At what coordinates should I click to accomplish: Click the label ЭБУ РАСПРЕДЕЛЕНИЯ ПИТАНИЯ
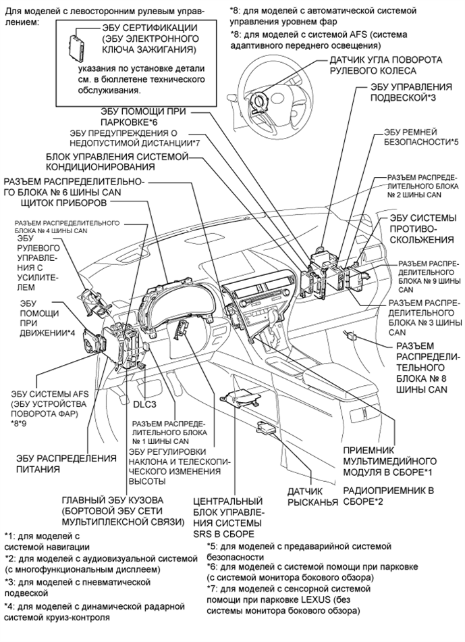coord(66,463)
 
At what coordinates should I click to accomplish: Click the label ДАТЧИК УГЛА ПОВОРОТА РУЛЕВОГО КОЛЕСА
coord(385,65)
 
